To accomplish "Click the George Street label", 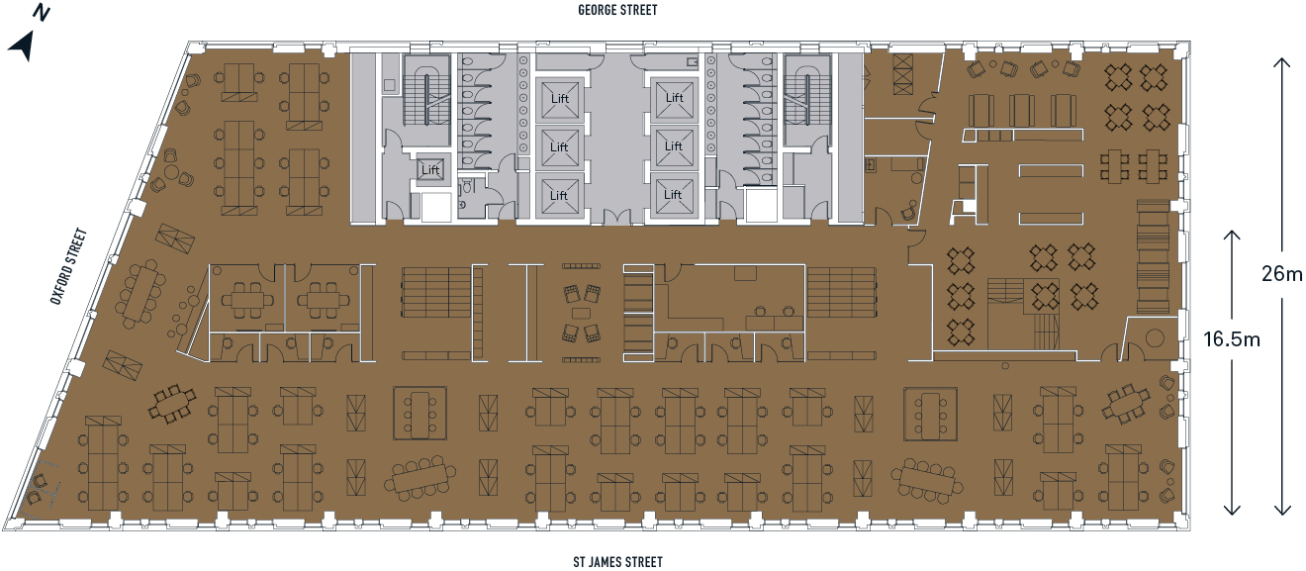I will click(x=617, y=10).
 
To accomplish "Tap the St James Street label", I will click(x=617, y=562).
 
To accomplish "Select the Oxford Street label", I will click(x=70, y=267).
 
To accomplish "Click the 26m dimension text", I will click(x=1281, y=274).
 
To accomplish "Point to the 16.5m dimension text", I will click(x=1232, y=340).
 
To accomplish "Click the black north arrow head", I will click(x=23, y=46).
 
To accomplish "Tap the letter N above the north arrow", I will click(x=42, y=13).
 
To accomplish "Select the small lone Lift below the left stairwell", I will click(x=430, y=170).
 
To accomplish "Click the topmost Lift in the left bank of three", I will click(x=559, y=99).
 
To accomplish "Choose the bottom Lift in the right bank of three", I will click(x=673, y=194).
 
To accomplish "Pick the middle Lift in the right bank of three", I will click(x=673, y=146).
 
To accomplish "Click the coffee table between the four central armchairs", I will click(x=581, y=313).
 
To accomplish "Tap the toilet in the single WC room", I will click(x=464, y=204).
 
